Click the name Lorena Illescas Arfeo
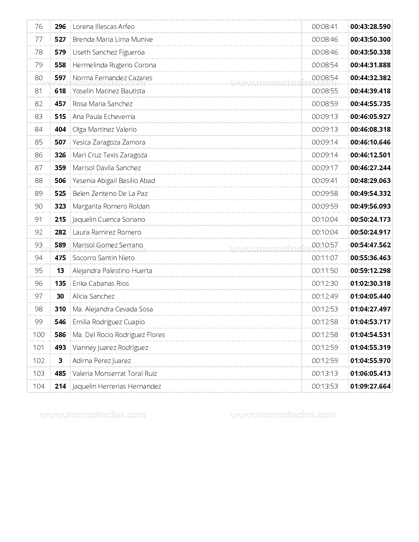[x=104, y=27]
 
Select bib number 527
[x=60, y=39]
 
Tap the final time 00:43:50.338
[x=370, y=52]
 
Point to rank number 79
[x=39, y=65]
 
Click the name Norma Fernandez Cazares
[x=112, y=78]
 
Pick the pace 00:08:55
[x=325, y=91]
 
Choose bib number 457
[x=60, y=104]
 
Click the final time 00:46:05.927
[x=370, y=117]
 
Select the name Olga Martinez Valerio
[x=105, y=129]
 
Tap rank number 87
[x=39, y=168]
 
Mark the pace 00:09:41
[x=325, y=181]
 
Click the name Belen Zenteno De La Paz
[x=110, y=193]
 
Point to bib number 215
[x=60, y=219]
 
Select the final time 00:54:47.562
[x=370, y=245]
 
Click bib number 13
[x=60, y=271]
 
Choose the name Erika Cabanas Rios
[x=101, y=283]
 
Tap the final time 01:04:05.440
[x=370, y=296]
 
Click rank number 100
[x=39, y=335]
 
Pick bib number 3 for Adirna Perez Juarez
[x=60, y=361]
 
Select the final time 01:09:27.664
[x=370, y=386]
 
